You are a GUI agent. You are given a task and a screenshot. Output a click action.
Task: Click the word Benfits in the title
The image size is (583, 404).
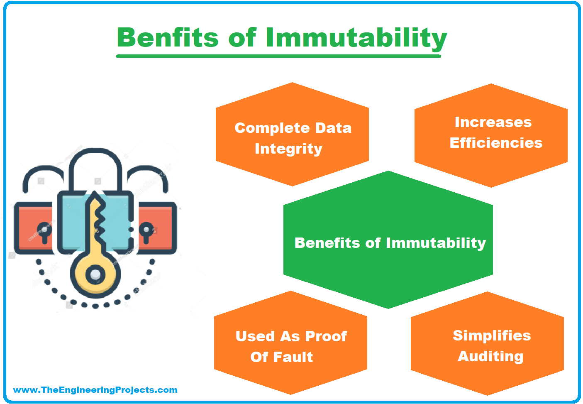pos(168,37)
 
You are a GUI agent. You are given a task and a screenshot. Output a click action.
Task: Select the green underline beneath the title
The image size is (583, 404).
pos(278,56)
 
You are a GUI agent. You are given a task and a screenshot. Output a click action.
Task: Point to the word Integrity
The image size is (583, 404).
pos(288,149)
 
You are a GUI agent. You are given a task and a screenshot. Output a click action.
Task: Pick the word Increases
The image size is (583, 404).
pos(493,122)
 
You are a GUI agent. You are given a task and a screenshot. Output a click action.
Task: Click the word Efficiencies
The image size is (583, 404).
pos(496,143)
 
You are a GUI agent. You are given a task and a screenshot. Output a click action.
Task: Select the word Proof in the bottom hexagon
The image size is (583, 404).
pos(326,336)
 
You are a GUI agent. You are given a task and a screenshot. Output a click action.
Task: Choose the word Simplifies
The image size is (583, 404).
pos(492,335)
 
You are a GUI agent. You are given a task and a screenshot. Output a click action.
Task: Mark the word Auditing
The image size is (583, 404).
pos(490,357)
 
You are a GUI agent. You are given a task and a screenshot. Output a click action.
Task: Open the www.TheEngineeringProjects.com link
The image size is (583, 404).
pos(95,390)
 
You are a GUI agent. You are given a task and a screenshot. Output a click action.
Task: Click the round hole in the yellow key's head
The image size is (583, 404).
pos(95,274)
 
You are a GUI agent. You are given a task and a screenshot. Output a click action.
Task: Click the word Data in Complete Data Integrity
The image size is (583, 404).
pos(333,128)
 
